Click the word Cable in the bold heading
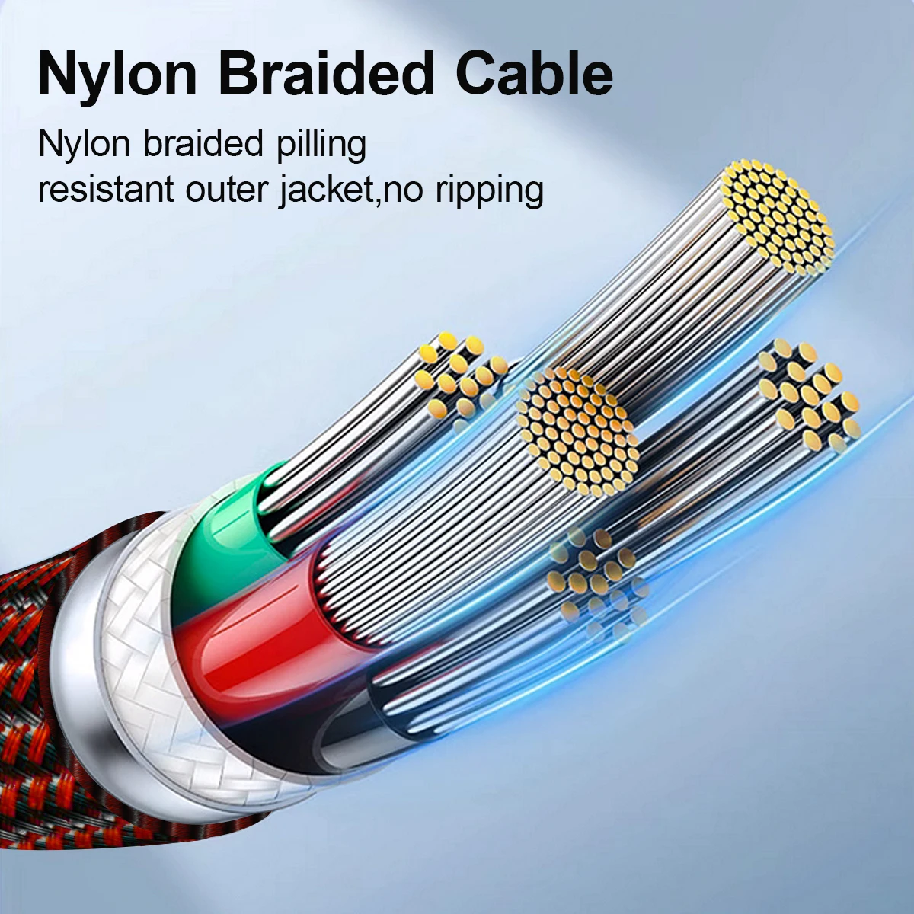pyautogui.click(x=535, y=74)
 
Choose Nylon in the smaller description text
pyautogui.click(x=85, y=145)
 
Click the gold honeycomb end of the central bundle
pyautogui.click(x=577, y=430)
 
